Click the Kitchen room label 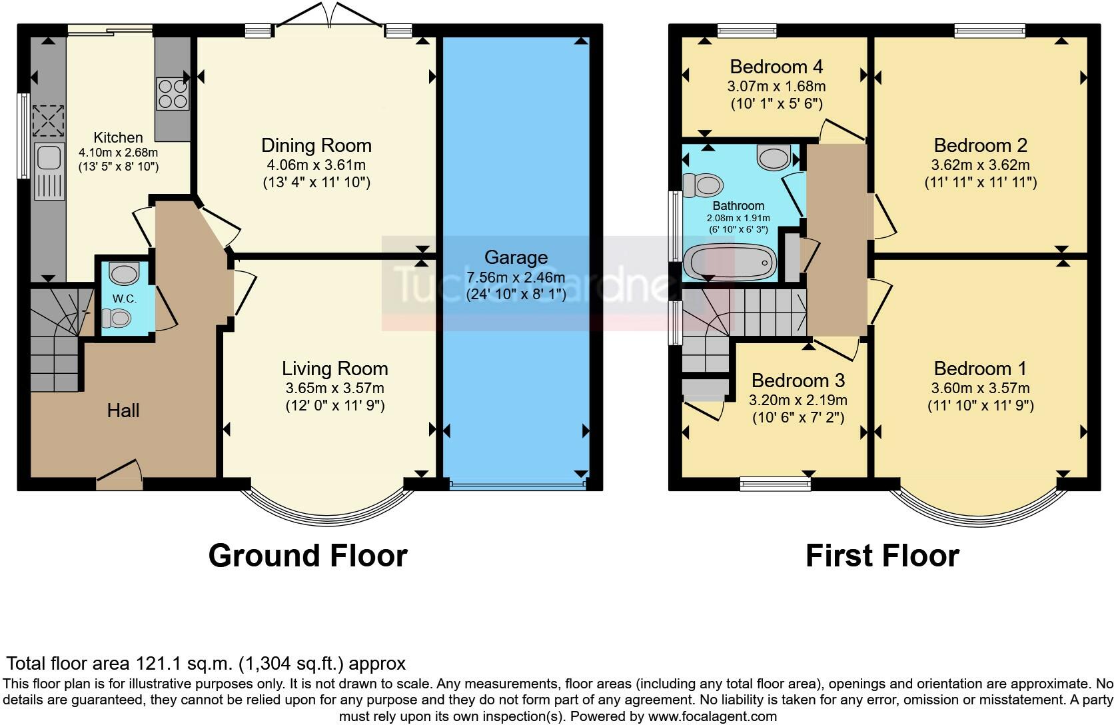pyautogui.click(x=118, y=137)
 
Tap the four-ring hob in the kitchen pyautogui.click(x=173, y=94)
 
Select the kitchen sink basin pyautogui.click(x=49, y=157)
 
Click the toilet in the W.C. pyautogui.click(x=117, y=319)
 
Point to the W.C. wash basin pyautogui.click(x=124, y=273)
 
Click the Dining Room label pyautogui.click(x=316, y=146)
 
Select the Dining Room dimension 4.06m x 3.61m pyautogui.click(x=316, y=165)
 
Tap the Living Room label pyautogui.click(x=334, y=368)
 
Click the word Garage pyautogui.click(x=516, y=258)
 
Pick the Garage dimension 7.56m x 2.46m pyautogui.click(x=516, y=277)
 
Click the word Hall pyautogui.click(x=123, y=410)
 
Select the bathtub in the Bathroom pyautogui.click(x=730, y=262)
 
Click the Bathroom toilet pyautogui.click(x=702, y=185)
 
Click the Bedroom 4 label pyautogui.click(x=776, y=67)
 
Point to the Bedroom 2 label pyautogui.click(x=980, y=146)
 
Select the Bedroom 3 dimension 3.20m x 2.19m pyautogui.click(x=798, y=400)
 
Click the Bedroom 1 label pyautogui.click(x=979, y=369)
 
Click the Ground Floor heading pyautogui.click(x=308, y=556)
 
